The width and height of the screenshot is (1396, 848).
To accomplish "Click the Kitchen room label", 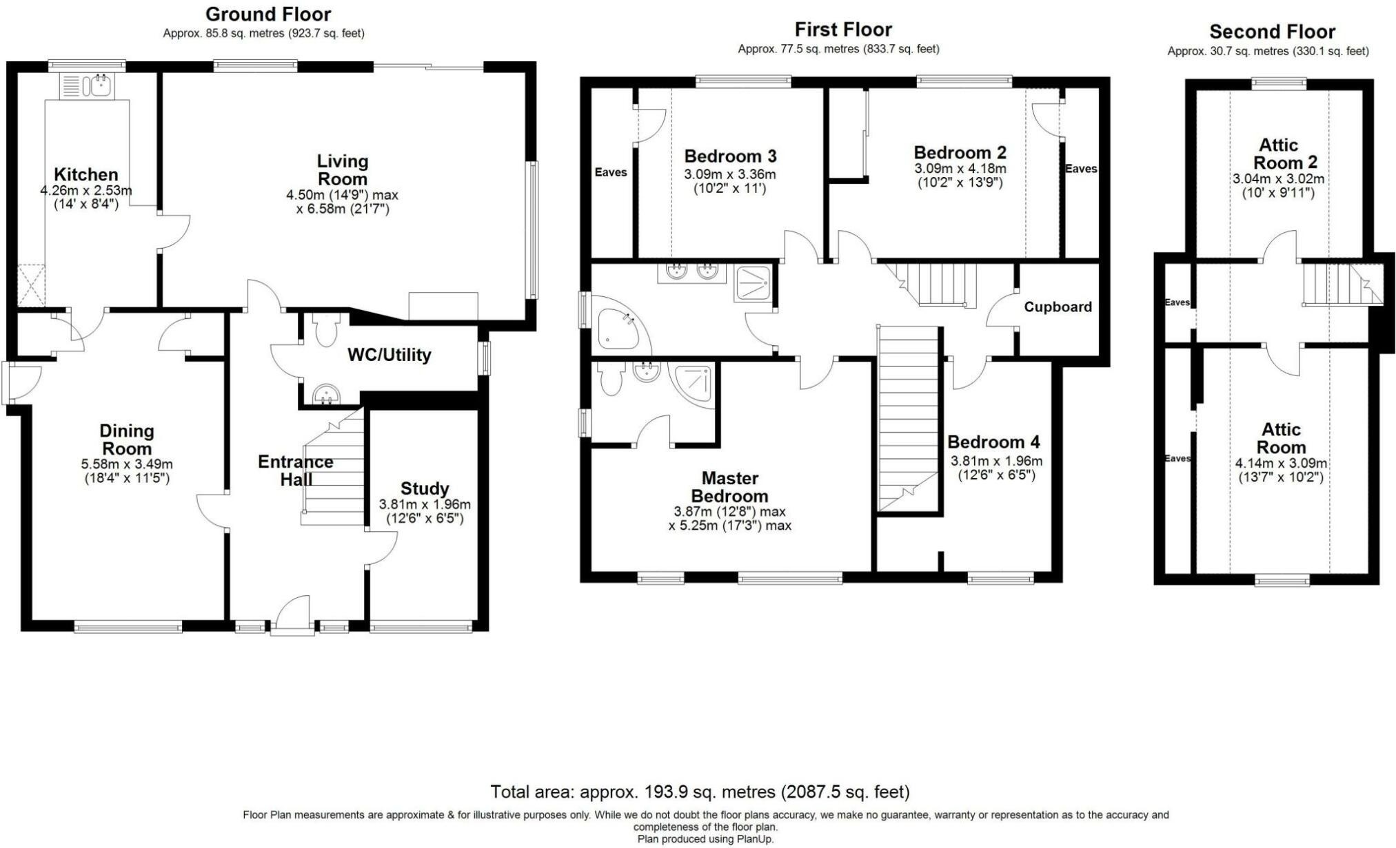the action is pyautogui.click(x=86, y=174).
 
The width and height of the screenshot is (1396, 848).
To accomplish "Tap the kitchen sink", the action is pyautogui.click(x=88, y=85).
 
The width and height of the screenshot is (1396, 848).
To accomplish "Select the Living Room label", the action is pyautogui.click(x=343, y=170).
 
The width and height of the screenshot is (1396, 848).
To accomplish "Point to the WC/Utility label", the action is pyautogui.click(x=389, y=355).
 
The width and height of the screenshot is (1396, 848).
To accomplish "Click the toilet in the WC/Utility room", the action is pyautogui.click(x=322, y=329).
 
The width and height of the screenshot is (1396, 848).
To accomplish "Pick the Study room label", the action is pyautogui.click(x=425, y=488).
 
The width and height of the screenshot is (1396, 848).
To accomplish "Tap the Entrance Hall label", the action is pyautogui.click(x=296, y=470).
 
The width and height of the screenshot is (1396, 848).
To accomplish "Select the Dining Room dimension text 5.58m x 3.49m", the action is pyautogui.click(x=127, y=464).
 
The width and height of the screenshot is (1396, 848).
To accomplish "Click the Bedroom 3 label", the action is pyautogui.click(x=730, y=156).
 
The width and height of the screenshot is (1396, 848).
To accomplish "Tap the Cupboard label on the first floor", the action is pyautogui.click(x=1058, y=307).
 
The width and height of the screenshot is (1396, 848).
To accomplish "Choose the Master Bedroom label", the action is pyautogui.click(x=729, y=487).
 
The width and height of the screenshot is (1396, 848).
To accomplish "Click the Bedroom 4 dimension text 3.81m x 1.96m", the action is pyautogui.click(x=996, y=462).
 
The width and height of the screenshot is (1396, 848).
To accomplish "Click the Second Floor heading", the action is pyautogui.click(x=1272, y=32).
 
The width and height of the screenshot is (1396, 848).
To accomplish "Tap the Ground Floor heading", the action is pyautogui.click(x=268, y=14).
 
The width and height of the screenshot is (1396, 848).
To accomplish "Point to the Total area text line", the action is pyautogui.click(x=700, y=792).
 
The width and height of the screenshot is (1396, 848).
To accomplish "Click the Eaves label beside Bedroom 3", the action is pyautogui.click(x=611, y=172).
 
